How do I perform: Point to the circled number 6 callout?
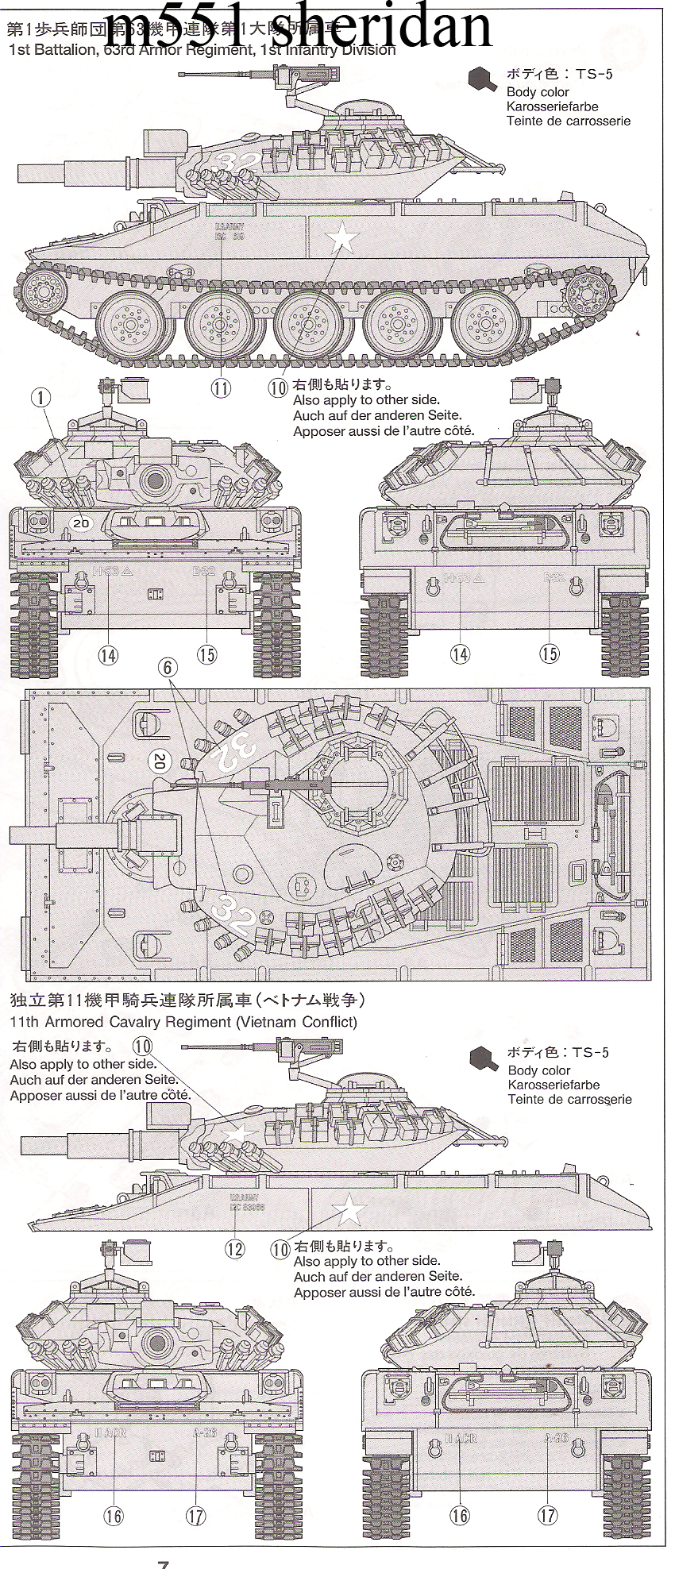click(x=168, y=667)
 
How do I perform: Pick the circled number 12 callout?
click(x=234, y=1248)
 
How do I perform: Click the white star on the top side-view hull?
click(x=342, y=235)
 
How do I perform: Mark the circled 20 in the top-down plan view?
click(x=159, y=762)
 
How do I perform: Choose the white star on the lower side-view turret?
click(x=237, y=1131)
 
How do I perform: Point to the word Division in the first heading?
click(x=364, y=50)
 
